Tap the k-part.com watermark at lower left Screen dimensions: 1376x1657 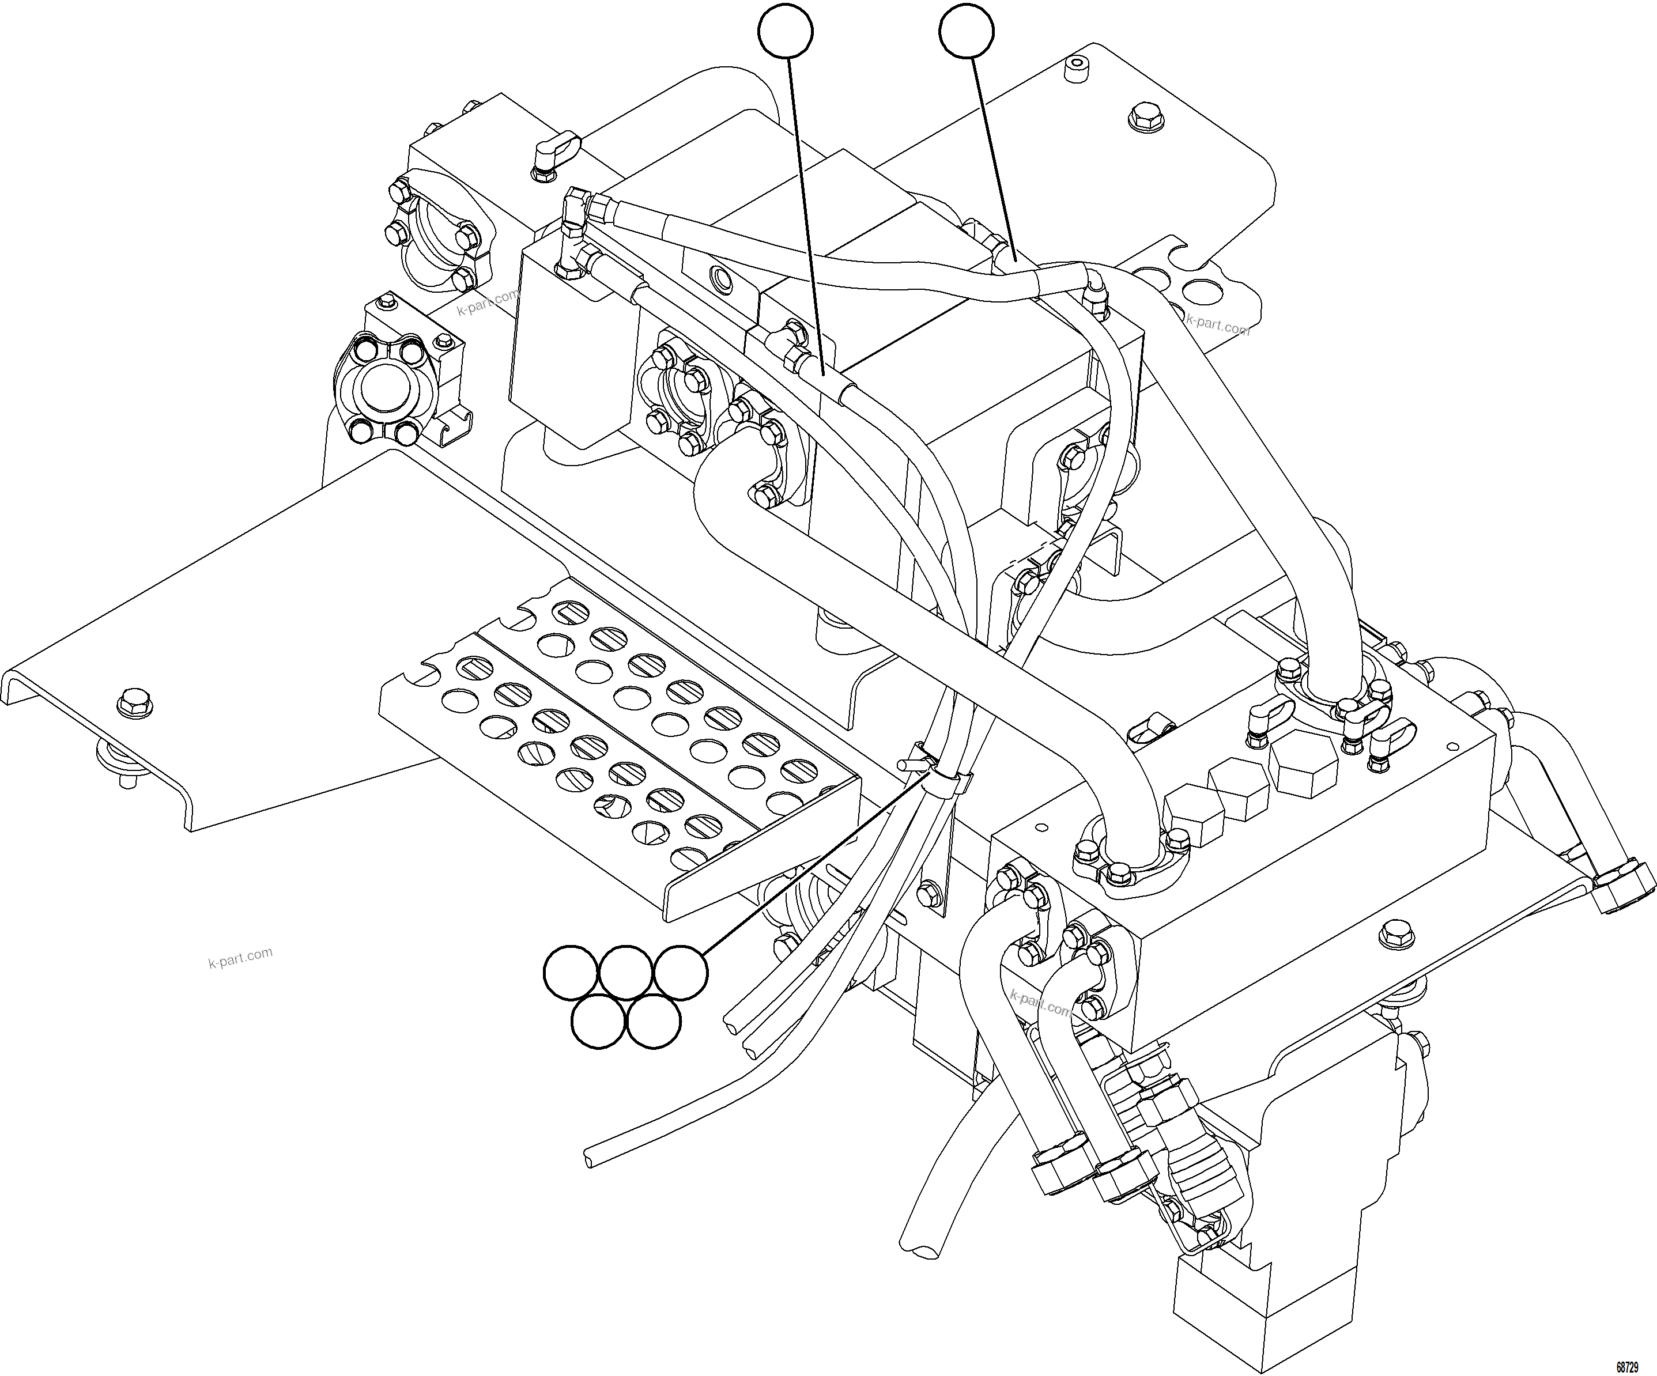[241, 957]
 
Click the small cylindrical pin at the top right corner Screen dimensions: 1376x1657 [1074, 69]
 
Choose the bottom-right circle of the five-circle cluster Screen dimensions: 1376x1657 [654, 1022]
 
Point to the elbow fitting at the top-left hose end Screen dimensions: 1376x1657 [576, 207]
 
